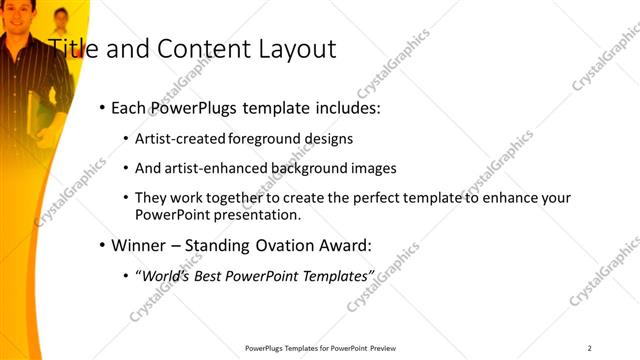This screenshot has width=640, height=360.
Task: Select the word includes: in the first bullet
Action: (342, 108)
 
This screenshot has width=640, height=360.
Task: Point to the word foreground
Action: (266, 139)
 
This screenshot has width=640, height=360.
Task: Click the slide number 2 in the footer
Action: (589, 348)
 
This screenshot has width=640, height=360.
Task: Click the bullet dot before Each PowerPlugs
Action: (103, 108)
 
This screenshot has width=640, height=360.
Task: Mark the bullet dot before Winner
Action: (103, 244)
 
